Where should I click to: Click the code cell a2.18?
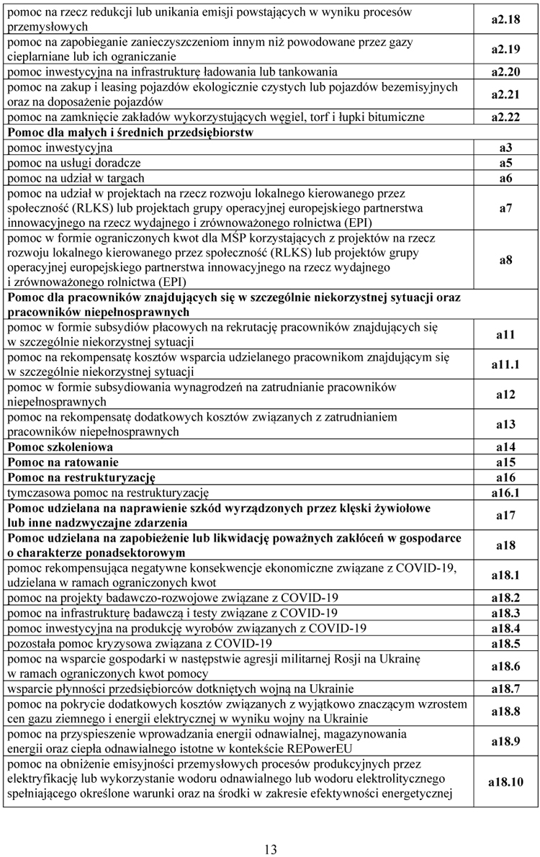point(505,19)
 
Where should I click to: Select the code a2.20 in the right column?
point(505,72)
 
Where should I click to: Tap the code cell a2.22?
point(505,117)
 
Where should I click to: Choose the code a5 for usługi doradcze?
point(505,163)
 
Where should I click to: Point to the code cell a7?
point(505,208)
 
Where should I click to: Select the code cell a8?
point(505,260)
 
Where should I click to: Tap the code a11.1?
point(505,365)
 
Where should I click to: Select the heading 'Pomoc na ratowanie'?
point(63,462)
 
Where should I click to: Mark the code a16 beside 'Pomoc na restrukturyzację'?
point(505,477)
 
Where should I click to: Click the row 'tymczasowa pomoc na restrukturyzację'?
point(108,493)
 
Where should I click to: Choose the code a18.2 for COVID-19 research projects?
point(505,598)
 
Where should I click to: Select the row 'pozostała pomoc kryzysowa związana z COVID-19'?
point(140,643)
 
